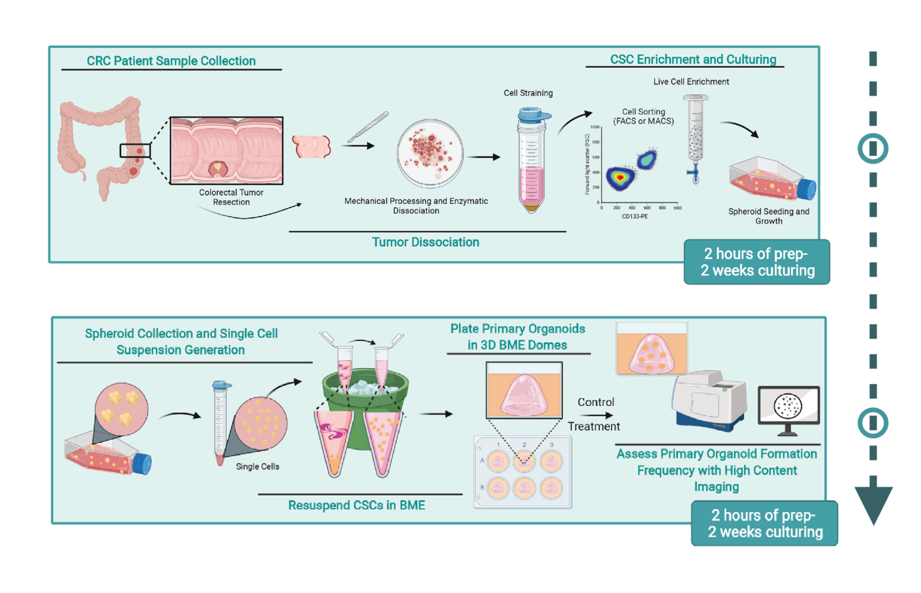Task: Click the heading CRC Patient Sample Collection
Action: [x=171, y=61]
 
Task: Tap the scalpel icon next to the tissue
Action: [x=368, y=127]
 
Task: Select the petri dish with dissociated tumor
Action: [x=430, y=154]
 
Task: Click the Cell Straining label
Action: [x=528, y=93]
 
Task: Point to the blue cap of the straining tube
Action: [x=534, y=113]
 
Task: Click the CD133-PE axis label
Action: [x=634, y=216]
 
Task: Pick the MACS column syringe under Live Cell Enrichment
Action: [x=696, y=138]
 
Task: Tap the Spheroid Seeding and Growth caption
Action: [x=768, y=216]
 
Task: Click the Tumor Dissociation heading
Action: [x=425, y=242]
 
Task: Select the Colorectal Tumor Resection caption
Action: [x=231, y=197]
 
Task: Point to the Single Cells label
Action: [x=257, y=466]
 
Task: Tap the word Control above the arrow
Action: [x=595, y=402]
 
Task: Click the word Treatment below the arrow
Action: [x=594, y=426]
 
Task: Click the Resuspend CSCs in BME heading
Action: [x=356, y=505]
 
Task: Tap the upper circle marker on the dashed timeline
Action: [x=872, y=148]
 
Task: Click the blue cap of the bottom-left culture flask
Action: [x=142, y=464]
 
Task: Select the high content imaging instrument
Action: [x=709, y=399]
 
